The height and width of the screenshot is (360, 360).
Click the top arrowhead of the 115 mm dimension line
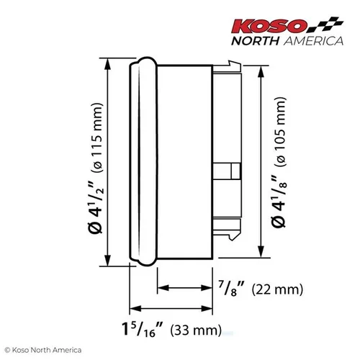point(108,63)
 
